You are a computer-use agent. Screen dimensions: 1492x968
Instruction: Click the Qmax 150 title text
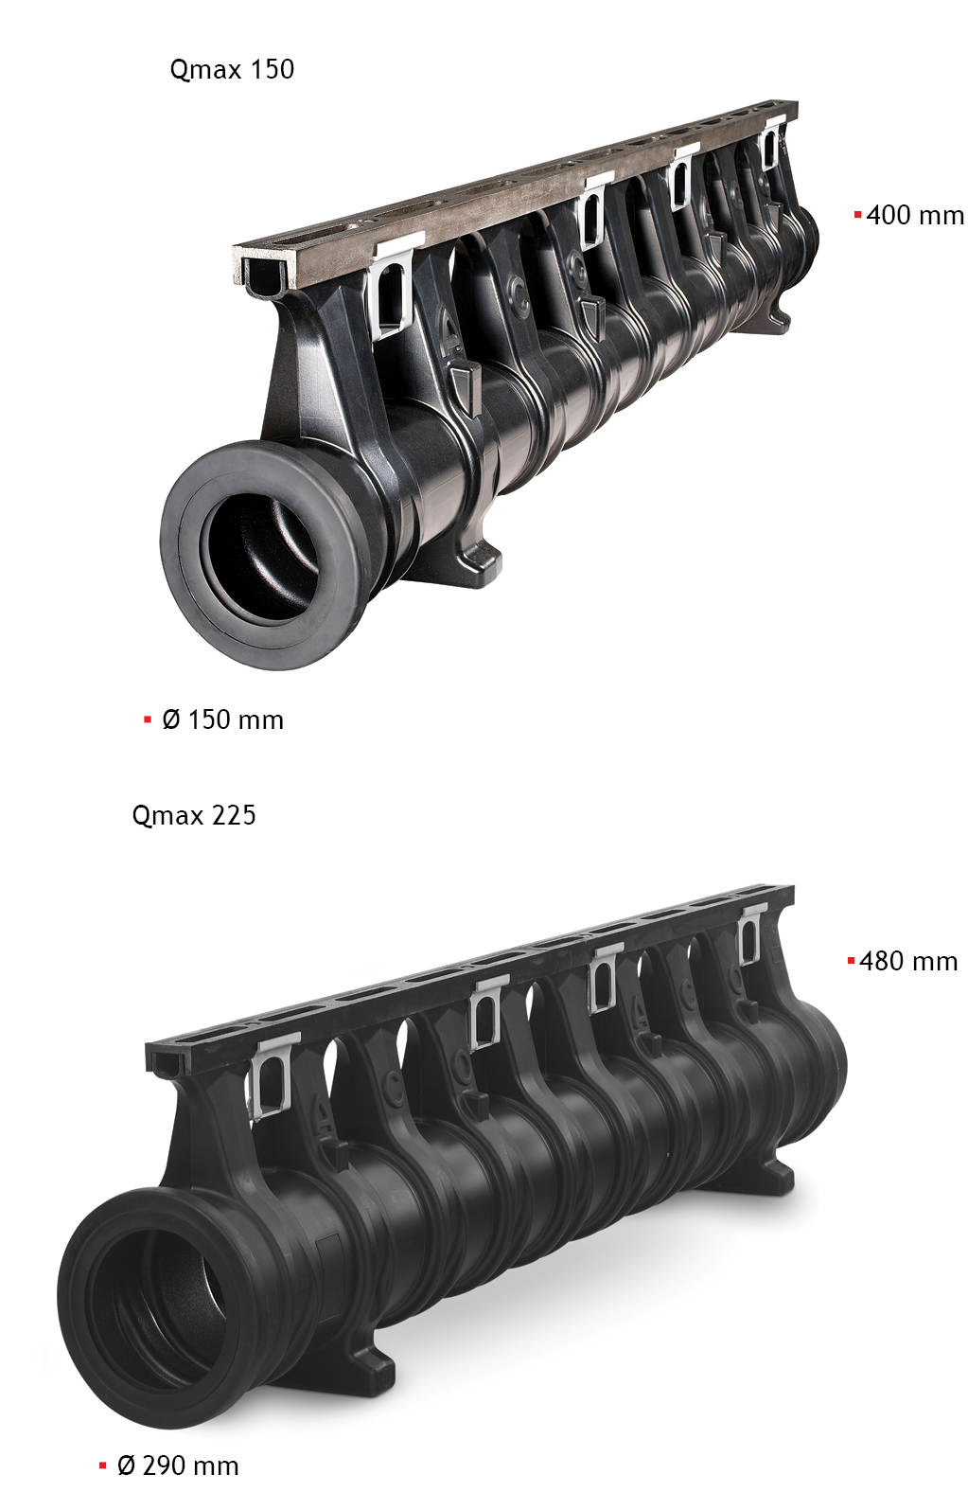click(232, 69)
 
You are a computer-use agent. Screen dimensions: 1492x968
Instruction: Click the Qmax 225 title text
click(194, 815)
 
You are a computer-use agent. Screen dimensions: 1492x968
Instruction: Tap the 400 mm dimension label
click(914, 215)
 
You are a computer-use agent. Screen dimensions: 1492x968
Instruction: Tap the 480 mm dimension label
click(907, 961)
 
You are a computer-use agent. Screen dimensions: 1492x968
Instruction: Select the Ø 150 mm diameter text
click(222, 719)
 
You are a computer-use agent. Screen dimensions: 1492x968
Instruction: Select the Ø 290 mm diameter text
click(178, 1465)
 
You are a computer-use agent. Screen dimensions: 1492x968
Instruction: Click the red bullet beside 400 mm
click(857, 215)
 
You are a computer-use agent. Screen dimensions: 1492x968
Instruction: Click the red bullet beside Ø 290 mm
click(102, 1465)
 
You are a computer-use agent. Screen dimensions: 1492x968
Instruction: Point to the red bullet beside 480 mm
click(851, 961)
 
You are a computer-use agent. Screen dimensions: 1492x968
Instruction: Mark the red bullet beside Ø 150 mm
click(147, 719)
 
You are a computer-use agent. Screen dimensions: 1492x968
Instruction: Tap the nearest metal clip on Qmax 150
click(391, 289)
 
